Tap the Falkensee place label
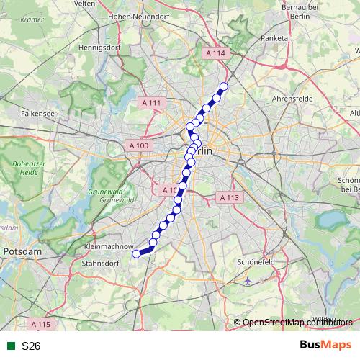coord(35,113)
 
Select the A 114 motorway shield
coord(215,53)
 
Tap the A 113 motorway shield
coord(229,197)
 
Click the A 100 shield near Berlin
coord(140,146)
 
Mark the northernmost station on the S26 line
coord(223,87)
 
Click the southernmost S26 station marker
coord(136,253)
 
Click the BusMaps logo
coord(325,346)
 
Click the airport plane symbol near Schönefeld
coord(248,280)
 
